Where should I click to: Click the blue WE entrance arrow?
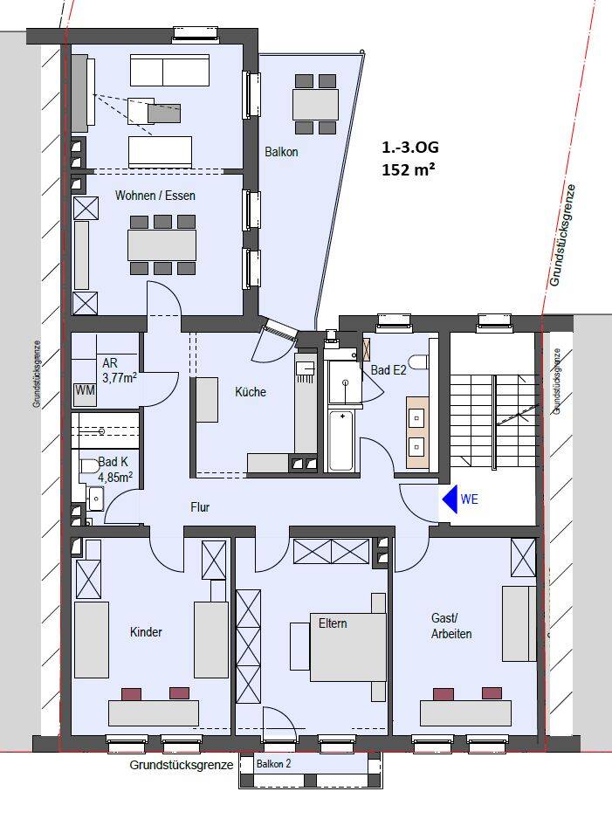tap(450, 499)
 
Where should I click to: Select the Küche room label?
tap(251, 392)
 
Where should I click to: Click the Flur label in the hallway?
tap(200, 506)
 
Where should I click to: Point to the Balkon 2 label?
tap(273, 764)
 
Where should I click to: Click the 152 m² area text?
tap(409, 169)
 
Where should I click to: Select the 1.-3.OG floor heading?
tap(410, 148)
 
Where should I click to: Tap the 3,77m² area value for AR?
tap(120, 377)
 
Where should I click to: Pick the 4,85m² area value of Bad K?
tap(115, 477)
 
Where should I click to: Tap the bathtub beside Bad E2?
tap(342, 441)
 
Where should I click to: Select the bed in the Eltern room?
tap(347, 647)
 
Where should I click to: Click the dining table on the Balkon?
tap(316, 105)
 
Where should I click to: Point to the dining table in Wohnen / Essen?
tap(162, 244)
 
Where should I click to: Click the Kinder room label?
tap(146, 632)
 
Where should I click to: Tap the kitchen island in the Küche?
tap(207, 400)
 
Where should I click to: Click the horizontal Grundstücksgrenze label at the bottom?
tap(182, 766)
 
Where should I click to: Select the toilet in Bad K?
tap(89, 466)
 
